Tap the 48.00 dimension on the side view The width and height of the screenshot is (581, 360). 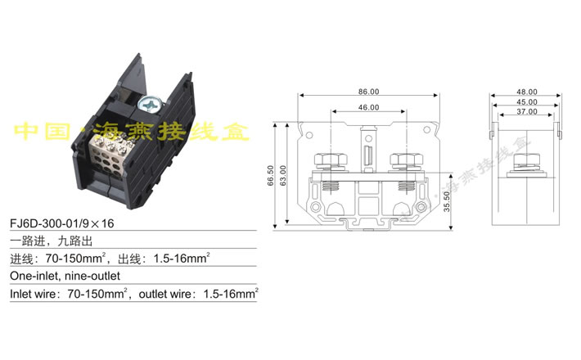(x=526, y=92)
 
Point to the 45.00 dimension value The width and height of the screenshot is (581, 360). (x=526, y=101)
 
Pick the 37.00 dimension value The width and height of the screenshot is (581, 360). (x=526, y=111)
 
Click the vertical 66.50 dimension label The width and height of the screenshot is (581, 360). (x=271, y=177)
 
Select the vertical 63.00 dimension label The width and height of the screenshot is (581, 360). (x=282, y=177)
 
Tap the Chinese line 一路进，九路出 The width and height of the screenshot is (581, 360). (x=49, y=241)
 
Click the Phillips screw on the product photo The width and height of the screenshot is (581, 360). (x=151, y=104)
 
